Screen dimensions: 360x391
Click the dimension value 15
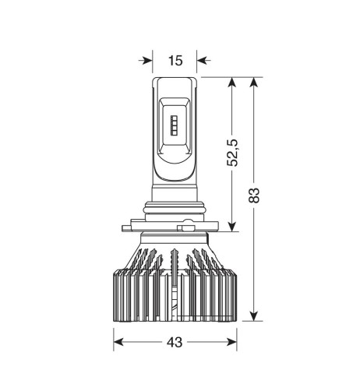pos(175,61)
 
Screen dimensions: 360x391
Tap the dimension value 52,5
pos(232,153)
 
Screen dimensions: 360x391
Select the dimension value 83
pos(254,195)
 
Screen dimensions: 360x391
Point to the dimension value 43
pos(175,342)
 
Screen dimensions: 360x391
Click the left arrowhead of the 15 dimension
pos(147,61)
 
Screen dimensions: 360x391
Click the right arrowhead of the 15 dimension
pos(202,61)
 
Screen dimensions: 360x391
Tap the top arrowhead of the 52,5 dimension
pos(232,83)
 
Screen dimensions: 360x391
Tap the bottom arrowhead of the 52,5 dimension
pos(232,226)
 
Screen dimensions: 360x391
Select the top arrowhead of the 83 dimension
pos(254,83)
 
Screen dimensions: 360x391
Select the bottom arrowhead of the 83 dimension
pos(254,315)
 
